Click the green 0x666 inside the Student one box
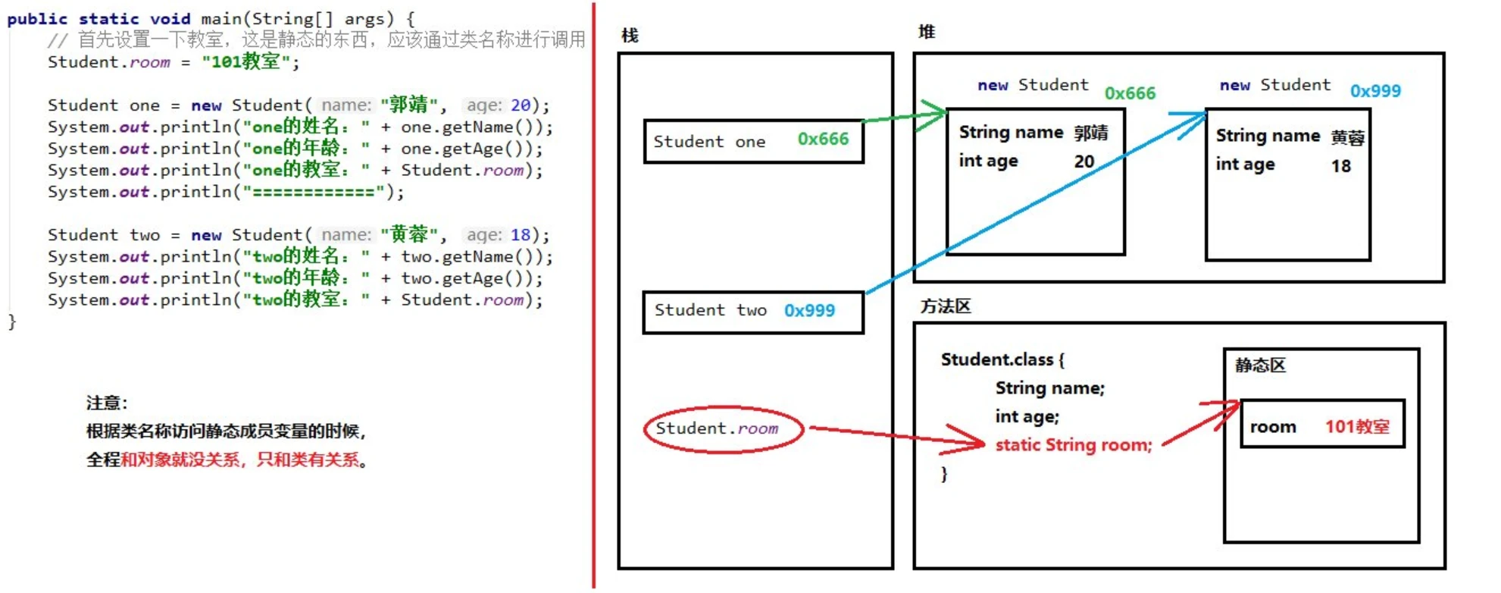pyautogui.click(x=823, y=140)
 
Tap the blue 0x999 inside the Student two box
pyautogui.click(x=809, y=311)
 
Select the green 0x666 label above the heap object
pyautogui.click(x=1130, y=93)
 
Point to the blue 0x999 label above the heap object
pyautogui.click(x=1375, y=91)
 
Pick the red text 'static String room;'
pyautogui.click(x=1073, y=445)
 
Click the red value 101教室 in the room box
pyautogui.click(x=1357, y=427)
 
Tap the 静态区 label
pyautogui.click(x=1260, y=366)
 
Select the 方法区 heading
pyautogui.click(x=945, y=306)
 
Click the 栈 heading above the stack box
pyautogui.click(x=629, y=36)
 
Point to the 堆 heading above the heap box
pyautogui.click(x=926, y=32)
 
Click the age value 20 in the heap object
pyautogui.click(x=1084, y=162)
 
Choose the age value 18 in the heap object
pyautogui.click(x=1340, y=166)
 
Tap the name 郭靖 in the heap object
pyautogui.click(x=1090, y=133)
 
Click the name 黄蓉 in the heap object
pyautogui.click(x=1347, y=137)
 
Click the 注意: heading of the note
pyautogui.click(x=107, y=403)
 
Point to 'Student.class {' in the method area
pyautogui.click(x=1002, y=359)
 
